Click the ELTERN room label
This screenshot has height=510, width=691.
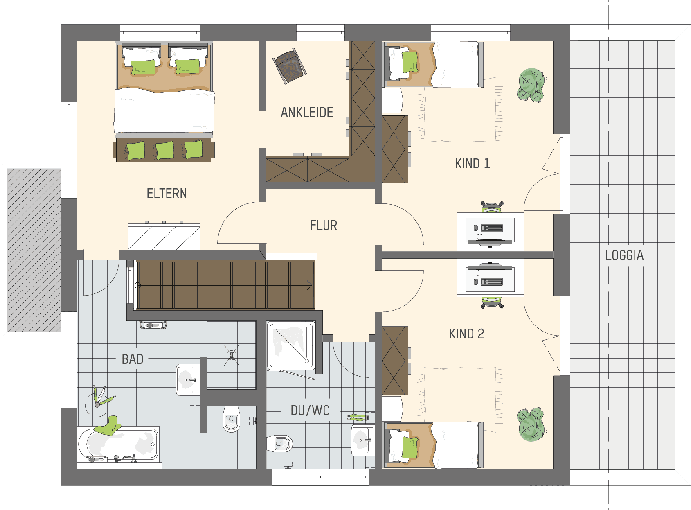[167, 194]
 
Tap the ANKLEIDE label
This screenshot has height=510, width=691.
[307, 113]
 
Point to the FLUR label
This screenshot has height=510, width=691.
[324, 226]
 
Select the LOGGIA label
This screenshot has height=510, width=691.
[624, 255]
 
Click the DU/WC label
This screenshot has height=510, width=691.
[310, 410]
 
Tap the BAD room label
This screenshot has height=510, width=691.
[133, 359]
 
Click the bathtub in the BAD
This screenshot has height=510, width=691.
[119, 444]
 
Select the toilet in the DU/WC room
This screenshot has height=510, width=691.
[279, 444]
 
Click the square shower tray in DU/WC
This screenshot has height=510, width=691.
[291, 345]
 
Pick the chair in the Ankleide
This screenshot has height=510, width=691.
[289, 65]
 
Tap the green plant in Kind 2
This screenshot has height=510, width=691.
[531, 424]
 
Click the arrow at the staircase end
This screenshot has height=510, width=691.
[309, 285]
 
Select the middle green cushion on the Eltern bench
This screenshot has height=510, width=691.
[164, 150]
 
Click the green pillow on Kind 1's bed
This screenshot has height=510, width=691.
[410, 62]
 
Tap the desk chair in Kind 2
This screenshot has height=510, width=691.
[492, 302]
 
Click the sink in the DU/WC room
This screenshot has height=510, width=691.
[363, 440]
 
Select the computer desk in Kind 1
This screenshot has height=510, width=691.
[490, 232]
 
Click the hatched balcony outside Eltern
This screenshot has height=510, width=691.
[34, 250]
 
